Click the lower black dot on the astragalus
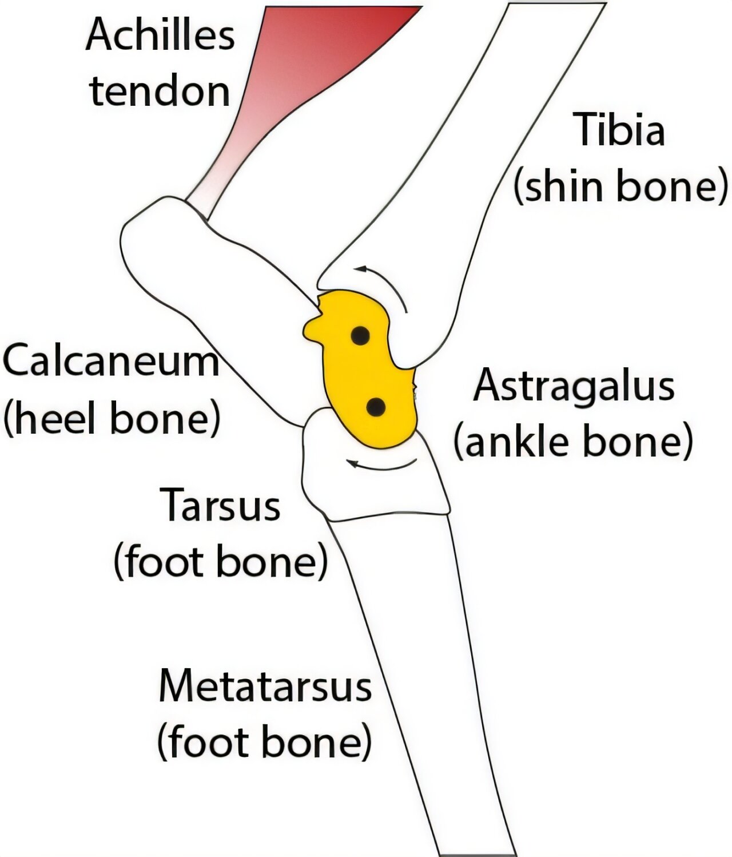[x=375, y=407]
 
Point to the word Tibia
[x=620, y=130]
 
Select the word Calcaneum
[x=111, y=361]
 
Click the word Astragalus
[x=574, y=386]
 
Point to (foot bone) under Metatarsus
[x=264, y=741]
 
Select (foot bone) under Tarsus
[x=221, y=562]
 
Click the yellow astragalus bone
[x=366, y=372]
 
